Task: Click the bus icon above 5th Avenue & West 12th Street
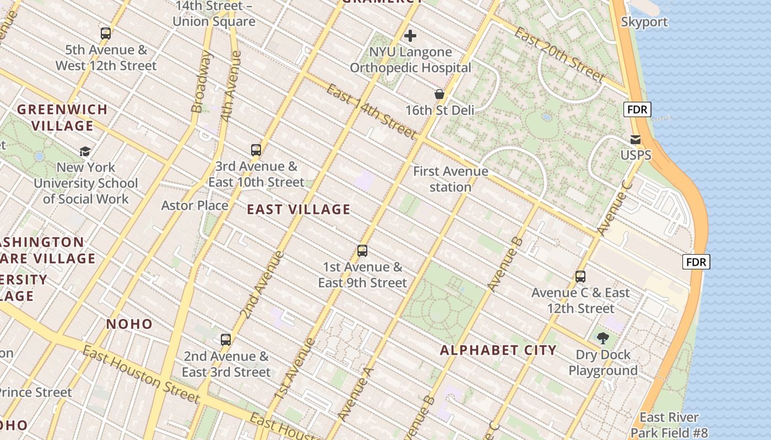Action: click(106, 34)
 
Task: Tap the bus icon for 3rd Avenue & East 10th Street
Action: click(256, 150)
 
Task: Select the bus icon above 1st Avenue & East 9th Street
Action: click(362, 251)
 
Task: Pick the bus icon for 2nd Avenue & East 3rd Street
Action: click(226, 339)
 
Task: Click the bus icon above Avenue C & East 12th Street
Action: click(580, 277)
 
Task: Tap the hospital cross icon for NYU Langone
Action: click(410, 36)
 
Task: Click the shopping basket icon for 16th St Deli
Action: click(439, 94)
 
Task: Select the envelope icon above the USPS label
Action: click(636, 139)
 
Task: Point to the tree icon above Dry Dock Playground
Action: click(603, 338)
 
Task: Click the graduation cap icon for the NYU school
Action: click(85, 151)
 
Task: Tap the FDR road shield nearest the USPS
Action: click(638, 109)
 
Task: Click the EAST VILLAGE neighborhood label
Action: click(298, 210)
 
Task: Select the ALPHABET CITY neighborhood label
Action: click(498, 350)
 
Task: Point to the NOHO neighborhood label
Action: click(129, 324)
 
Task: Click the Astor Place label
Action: click(194, 206)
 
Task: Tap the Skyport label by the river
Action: click(644, 22)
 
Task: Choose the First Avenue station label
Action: click(450, 179)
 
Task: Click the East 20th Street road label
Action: click(560, 54)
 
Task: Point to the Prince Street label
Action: click(36, 392)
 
